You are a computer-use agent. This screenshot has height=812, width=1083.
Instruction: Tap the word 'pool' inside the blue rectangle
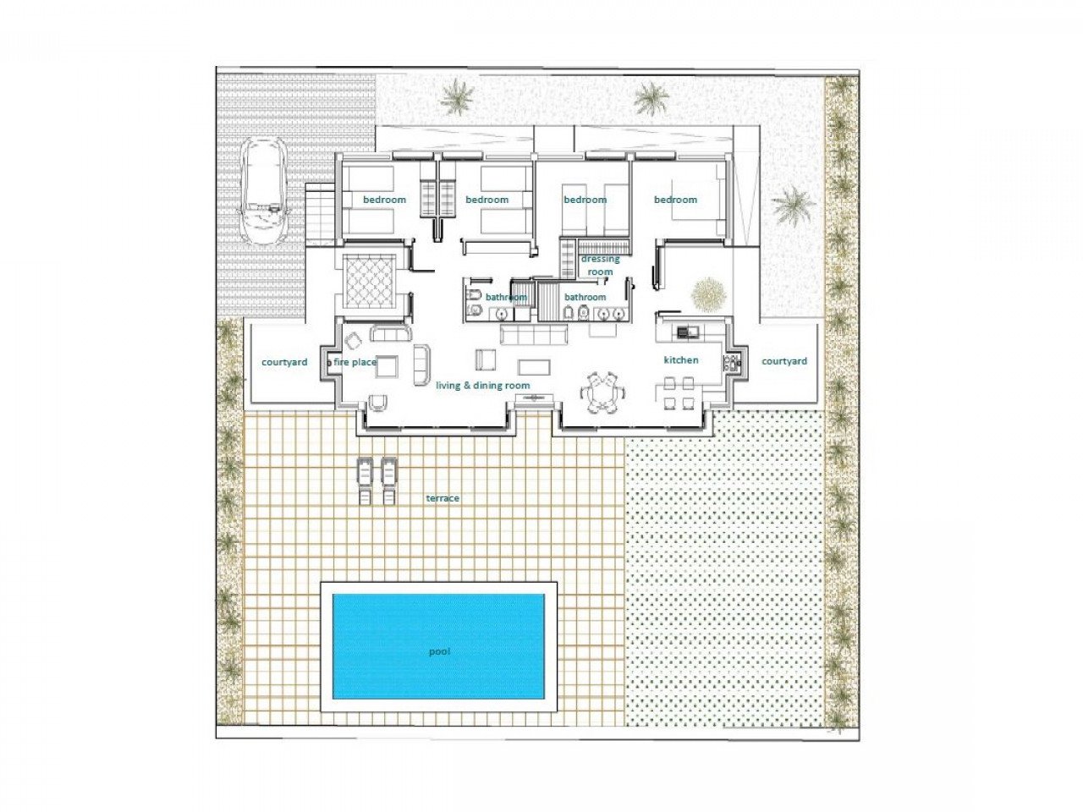pyautogui.click(x=439, y=651)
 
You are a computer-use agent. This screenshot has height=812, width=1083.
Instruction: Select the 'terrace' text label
pyautogui.click(x=443, y=498)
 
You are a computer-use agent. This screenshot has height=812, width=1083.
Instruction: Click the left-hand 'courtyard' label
pyautogui.click(x=283, y=362)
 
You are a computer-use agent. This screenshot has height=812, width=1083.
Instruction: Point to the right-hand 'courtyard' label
pyautogui.click(x=783, y=361)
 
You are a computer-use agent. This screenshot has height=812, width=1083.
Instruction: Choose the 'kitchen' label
pyautogui.click(x=680, y=360)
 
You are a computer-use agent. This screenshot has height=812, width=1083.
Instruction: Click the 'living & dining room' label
pyautogui.click(x=482, y=386)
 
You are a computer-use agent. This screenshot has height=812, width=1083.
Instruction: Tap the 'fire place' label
pyautogui.click(x=355, y=362)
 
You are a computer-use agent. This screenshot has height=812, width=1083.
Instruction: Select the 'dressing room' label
pyautogui.click(x=600, y=266)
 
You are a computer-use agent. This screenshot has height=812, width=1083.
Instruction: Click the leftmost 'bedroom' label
pyautogui.click(x=384, y=200)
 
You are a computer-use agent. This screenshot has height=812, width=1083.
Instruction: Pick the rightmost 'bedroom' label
pyautogui.click(x=675, y=200)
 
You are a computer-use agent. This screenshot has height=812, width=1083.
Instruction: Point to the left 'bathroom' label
pyautogui.click(x=506, y=297)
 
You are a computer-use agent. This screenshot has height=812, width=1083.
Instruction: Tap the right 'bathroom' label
pyautogui.click(x=585, y=297)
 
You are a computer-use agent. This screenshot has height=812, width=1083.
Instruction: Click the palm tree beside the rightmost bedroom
pyautogui.click(x=794, y=206)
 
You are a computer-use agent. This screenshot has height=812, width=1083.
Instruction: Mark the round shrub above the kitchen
pyautogui.click(x=708, y=294)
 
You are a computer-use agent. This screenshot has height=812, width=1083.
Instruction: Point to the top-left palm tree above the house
pyautogui.click(x=457, y=97)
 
